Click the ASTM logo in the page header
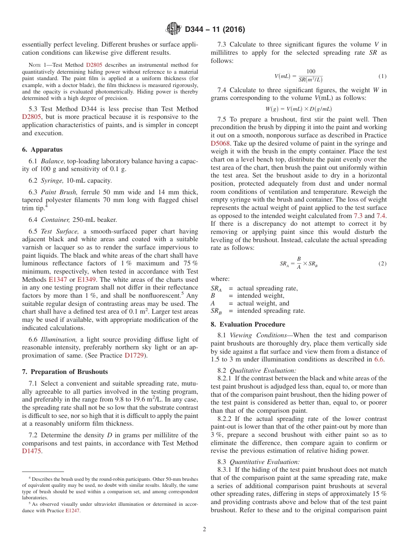pos(174,29)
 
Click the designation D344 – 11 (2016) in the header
pos(215,30)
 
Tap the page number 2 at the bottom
pos(204,529)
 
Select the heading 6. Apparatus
pos(42,149)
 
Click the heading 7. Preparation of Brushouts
pos(65,372)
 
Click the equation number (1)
pos(382,76)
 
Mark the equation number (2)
pos(382,263)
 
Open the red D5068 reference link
pos(220,143)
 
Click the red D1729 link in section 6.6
pos(134,355)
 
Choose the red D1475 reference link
pos(32,451)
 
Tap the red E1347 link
pos(58,279)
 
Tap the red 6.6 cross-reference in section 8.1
pos(379,359)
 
